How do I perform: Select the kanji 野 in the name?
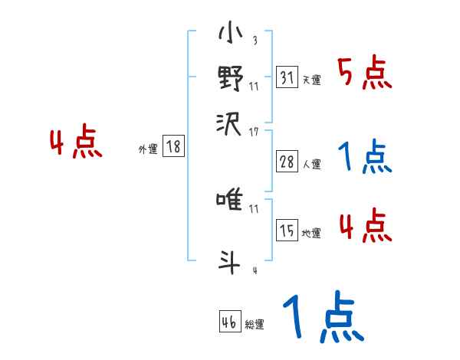(230, 78)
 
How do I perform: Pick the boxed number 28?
(287, 162)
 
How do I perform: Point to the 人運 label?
(311, 164)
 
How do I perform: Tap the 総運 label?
(255, 325)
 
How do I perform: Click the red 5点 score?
(365, 74)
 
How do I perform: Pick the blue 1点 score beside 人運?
(365, 157)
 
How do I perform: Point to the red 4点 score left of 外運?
(76, 144)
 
